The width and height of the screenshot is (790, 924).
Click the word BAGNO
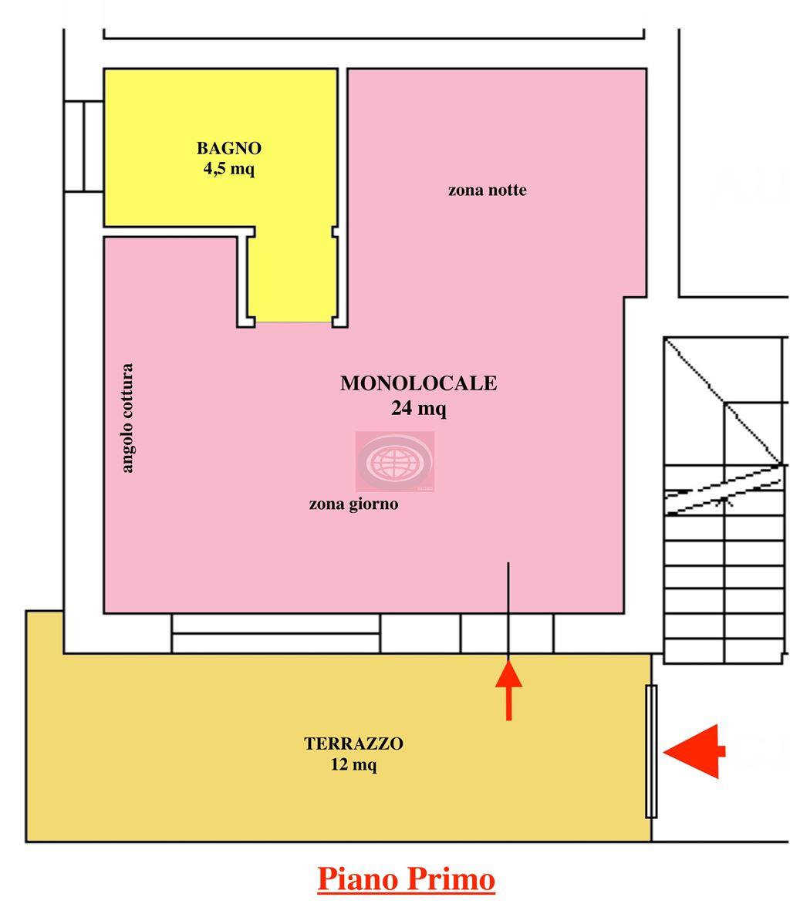tap(229, 148)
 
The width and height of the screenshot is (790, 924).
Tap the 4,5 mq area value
tap(229, 169)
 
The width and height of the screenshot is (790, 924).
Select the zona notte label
tap(487, 191)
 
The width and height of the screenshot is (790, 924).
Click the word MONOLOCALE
tap(419, 383)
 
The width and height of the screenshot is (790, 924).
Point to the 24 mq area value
tap(419, 408)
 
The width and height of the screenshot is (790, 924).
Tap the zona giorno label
tap(354, 504)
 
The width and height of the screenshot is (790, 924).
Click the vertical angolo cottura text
tap(127, 418)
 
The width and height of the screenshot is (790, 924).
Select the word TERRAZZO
tap(354, 744)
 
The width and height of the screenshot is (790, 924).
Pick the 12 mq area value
tap(354, 765)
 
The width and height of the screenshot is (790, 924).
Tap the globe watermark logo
tap(394, 461)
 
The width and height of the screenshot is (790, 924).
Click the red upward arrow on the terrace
tap(508, 690)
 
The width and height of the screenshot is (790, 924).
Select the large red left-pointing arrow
tap(694, 751)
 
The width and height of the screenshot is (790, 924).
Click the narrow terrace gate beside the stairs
tap(651, 751)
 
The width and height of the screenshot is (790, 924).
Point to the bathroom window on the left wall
tap(84, 146)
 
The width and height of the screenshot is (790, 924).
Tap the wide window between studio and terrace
tap(276, 633)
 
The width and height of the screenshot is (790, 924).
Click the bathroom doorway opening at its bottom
tap(294, 322)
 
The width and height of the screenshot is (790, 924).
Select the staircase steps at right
tap(726, 501)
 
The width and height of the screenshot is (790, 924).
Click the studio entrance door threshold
tap(507, 633)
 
